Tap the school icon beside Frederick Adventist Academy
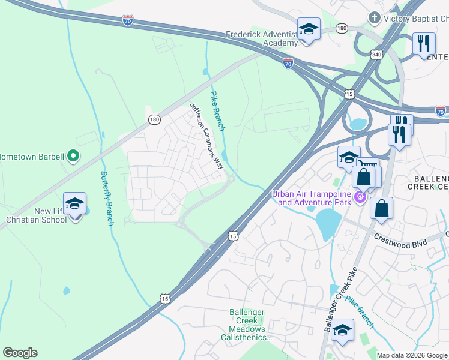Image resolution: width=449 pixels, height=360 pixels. (x=309, y=29)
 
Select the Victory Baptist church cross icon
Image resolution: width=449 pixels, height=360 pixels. (x=375, y=19)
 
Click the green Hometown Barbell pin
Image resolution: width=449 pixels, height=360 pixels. (x=73, y=157)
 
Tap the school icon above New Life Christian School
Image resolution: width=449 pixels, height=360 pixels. (x=74, y=203)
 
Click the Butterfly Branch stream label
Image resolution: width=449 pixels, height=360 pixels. (x=107, y=199)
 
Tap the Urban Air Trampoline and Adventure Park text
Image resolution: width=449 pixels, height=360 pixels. (x=310, y=197)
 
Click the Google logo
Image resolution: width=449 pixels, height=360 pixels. (x=20, y=353)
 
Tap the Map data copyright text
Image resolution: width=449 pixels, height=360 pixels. (x=412, y=355)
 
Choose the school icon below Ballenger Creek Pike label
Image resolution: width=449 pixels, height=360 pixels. (x=342, y=330)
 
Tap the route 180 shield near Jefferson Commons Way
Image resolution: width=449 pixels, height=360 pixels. (x=154, y=120)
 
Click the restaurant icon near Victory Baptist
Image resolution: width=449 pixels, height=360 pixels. (x=424, y=44)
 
